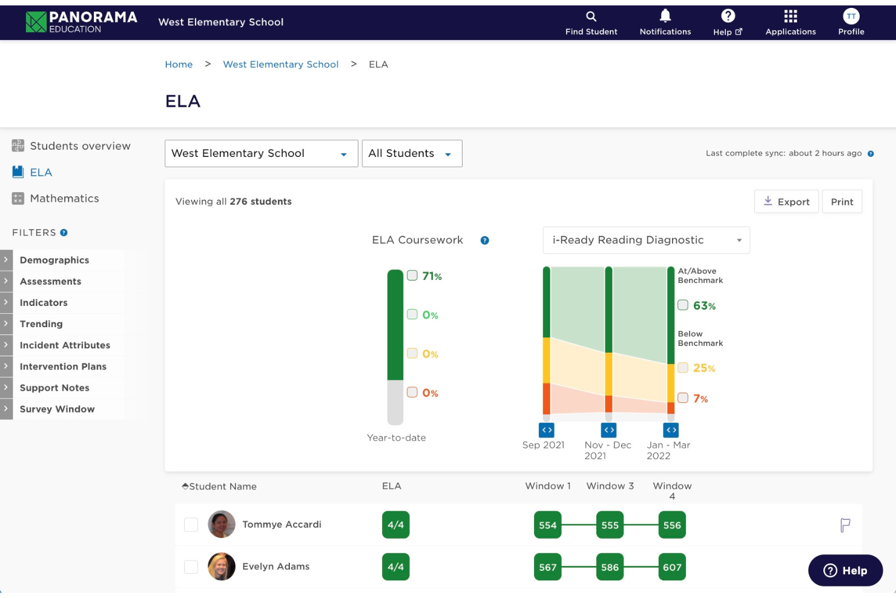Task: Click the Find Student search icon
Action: [591, 16]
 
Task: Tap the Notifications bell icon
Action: [665, 16]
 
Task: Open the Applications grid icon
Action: [790, 16]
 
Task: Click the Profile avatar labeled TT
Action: [851, 16]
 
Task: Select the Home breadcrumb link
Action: [179, 64]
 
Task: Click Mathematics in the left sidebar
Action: [64, 198]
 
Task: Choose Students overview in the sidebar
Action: [80, 146]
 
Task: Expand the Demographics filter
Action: [54, 260]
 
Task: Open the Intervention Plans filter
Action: [63, 367]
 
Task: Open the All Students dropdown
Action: [412, 153]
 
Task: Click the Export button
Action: [786, 202]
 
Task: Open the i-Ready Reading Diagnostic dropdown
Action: [646, 240]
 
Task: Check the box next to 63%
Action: [683, 305]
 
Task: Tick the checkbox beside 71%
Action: [412, 276]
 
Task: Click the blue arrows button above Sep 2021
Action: [547, 430]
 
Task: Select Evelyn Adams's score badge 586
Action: [610, 567]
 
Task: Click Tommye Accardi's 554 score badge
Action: [547, 525]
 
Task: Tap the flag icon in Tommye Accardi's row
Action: [845, 525]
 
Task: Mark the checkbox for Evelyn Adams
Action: [191, 566]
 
